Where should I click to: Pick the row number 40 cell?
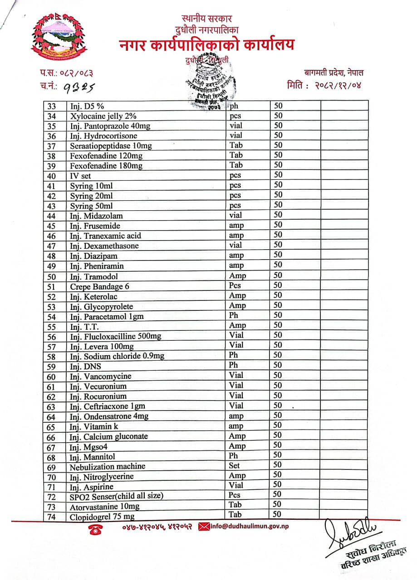[51, 176]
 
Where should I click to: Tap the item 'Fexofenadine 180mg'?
[106, 166]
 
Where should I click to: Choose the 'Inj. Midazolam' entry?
[96, 216]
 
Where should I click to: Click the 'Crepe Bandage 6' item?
[100, 286]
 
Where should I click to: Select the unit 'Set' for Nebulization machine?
[235, 465]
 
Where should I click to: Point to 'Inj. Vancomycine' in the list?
[100, 376]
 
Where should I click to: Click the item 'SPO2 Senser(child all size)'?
[116, 496]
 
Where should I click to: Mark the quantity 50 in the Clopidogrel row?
[277, 514]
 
